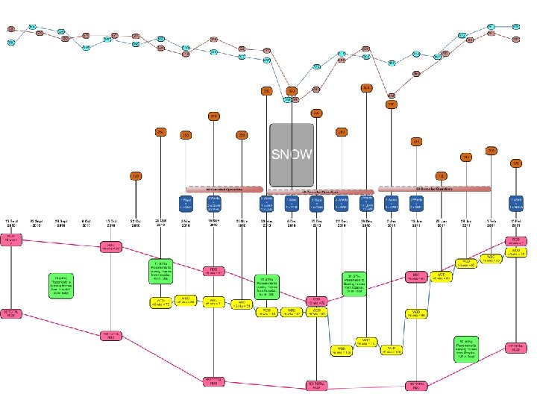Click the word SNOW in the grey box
click(x=291, y=154)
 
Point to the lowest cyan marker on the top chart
click(x=288, y=99)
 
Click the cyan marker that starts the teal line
click(x=11, y=43)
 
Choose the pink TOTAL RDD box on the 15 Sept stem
click(x=11, y=313)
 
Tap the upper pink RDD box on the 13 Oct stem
click(x=111, y=246)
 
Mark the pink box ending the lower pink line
click(x=515, y=347)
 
